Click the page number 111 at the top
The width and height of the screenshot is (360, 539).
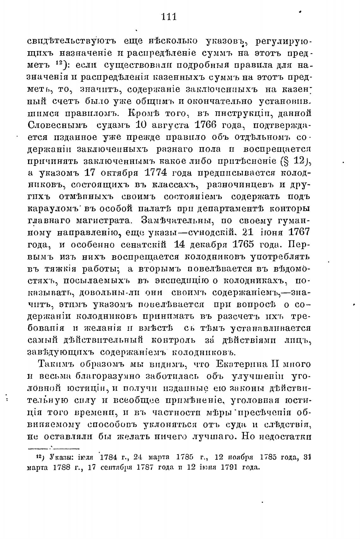click(169, 16)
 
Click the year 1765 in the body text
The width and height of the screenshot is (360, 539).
click(243, 244)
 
